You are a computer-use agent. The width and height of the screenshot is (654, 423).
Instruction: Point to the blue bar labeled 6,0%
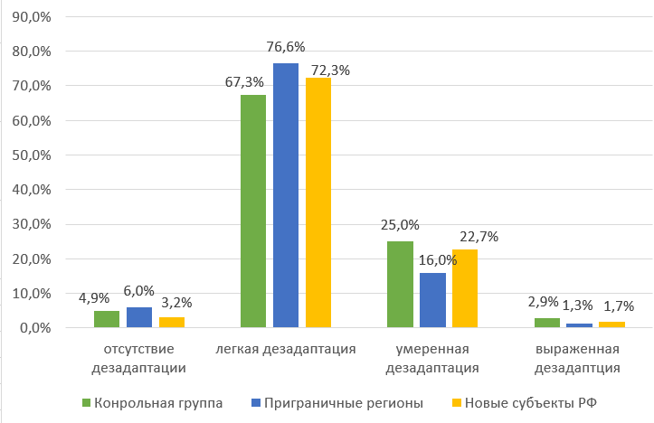(x=138, y=317)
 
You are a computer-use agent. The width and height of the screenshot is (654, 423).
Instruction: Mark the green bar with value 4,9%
(x=106, y=319)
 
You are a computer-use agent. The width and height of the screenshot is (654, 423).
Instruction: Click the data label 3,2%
(x=175, y=302)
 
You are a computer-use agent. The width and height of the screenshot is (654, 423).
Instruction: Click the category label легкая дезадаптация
(x=286, y=348)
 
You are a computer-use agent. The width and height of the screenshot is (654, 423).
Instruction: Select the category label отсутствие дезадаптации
(x=138, y=357)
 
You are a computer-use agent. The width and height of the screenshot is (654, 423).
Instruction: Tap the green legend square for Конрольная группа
(x=87, y=401)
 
